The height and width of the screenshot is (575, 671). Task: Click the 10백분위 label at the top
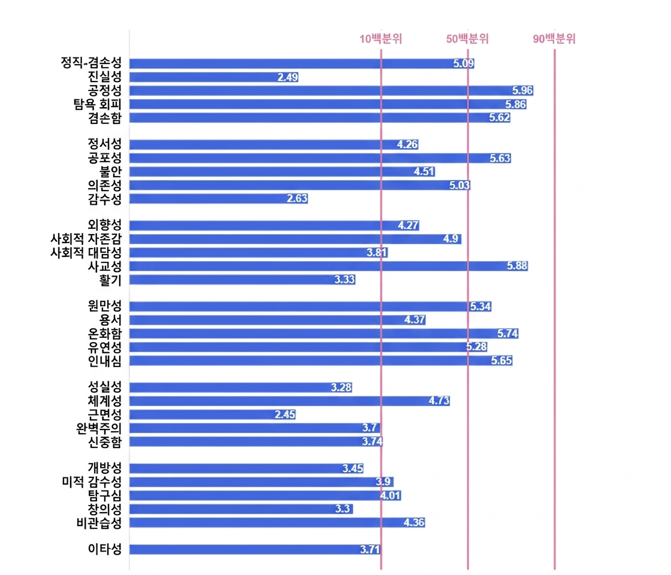[380, 39]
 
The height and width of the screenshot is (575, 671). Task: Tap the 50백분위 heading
[467, 39]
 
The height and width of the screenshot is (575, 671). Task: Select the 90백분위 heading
[554, 39]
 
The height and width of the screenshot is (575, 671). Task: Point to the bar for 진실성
[213, 77]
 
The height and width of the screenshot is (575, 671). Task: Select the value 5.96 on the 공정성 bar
[522, 90]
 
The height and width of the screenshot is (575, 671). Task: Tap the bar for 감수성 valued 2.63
[218, 199]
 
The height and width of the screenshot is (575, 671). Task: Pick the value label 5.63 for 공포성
[500, 158]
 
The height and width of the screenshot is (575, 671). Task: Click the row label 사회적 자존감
[86, 239]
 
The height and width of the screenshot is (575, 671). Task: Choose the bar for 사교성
[328, 266]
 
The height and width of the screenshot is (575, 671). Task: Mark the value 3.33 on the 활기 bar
[344, 280]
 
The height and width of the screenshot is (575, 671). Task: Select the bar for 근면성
[212, 414]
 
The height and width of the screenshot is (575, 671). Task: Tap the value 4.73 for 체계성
[439, 401]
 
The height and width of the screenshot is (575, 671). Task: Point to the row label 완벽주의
[99, 428]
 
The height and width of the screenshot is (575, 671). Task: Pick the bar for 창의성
[241, 509]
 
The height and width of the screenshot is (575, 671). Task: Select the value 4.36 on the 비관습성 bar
[414, 522]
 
